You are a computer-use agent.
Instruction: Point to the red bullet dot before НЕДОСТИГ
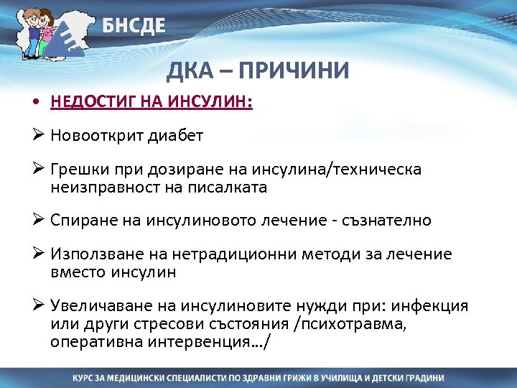point(34,103)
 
